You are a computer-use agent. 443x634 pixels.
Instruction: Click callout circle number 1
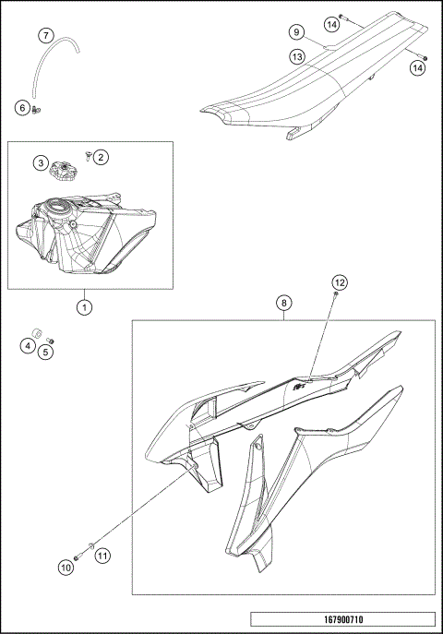click(84, 305)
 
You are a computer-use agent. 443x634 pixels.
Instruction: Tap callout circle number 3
click(42, 163)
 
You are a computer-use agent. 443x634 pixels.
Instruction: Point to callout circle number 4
click(29, 346)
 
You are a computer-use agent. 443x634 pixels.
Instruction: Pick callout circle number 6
click(22, 108)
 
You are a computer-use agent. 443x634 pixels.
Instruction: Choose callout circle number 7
click(46, 36)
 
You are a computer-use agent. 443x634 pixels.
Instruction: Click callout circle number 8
click(284, 302)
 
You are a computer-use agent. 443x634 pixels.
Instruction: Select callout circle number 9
click(297, 32)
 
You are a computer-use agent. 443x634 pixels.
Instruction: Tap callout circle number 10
click(66, 568)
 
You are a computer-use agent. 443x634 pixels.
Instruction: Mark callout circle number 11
click(102, 556)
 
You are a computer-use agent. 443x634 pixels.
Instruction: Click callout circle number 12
click(340, 281)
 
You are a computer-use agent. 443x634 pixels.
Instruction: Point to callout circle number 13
click(297, 56)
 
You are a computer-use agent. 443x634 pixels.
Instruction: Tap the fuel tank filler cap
click(67, 169)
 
